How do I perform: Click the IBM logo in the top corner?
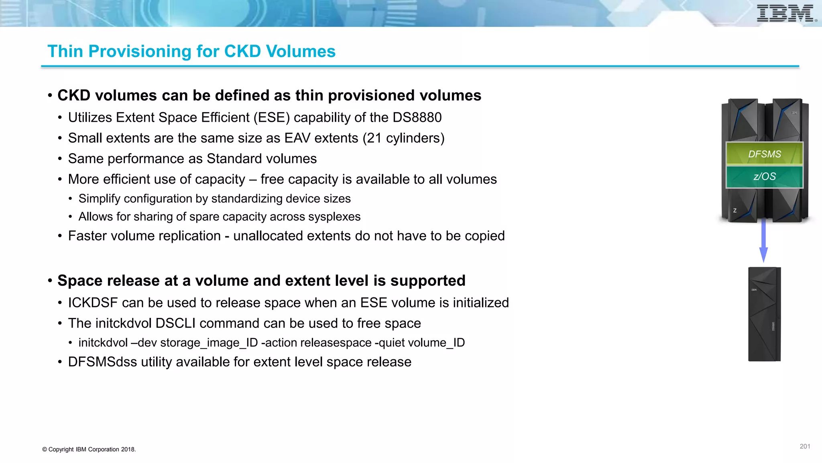785,13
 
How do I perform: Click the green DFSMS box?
764,154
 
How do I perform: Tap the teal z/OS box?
764,176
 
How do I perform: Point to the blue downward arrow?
763,241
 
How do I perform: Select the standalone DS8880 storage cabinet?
764,314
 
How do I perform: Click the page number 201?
805,446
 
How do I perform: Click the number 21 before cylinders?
374,138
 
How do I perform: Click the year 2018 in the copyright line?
128,449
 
